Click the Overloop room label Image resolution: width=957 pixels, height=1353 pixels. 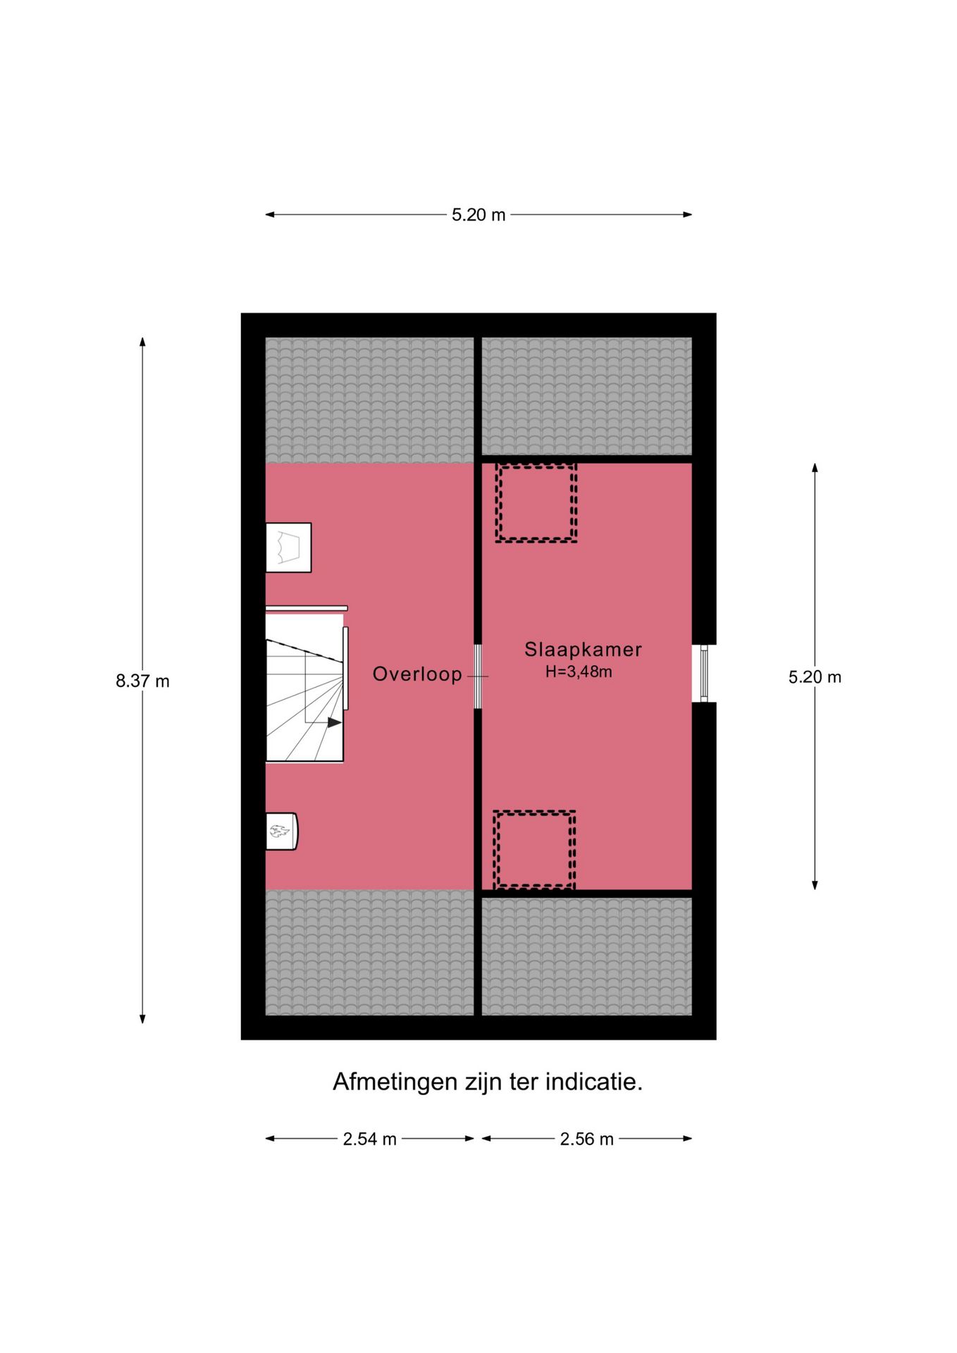[417, 674]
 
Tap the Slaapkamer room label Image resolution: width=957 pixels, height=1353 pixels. [583, 649]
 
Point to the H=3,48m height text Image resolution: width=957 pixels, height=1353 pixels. [579, 672]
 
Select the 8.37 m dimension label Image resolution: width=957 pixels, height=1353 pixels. [142, 681]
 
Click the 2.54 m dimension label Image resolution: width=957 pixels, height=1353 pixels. [369, 1139]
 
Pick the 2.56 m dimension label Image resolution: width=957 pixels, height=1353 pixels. [586, 1139]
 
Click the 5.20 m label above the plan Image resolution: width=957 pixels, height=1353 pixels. [479, 215]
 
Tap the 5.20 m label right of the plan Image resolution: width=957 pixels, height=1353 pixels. [815, 677]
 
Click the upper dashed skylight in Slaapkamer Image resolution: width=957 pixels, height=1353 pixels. [536, 502]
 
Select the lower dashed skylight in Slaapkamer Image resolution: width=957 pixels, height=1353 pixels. [534, 850]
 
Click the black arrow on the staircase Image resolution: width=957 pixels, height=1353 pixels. [334, 722]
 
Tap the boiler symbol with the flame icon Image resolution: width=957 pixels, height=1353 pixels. [280, 832]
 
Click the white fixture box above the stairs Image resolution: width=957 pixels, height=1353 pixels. [288, 548]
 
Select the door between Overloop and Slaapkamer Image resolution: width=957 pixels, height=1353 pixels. [478, 676]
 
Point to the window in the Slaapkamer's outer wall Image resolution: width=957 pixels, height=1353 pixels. [703, 674]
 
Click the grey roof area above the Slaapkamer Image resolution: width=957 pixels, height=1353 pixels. [586, 396]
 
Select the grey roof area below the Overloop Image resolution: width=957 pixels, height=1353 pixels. [369, 952]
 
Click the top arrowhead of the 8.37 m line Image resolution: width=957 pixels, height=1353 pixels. [142, 342]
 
